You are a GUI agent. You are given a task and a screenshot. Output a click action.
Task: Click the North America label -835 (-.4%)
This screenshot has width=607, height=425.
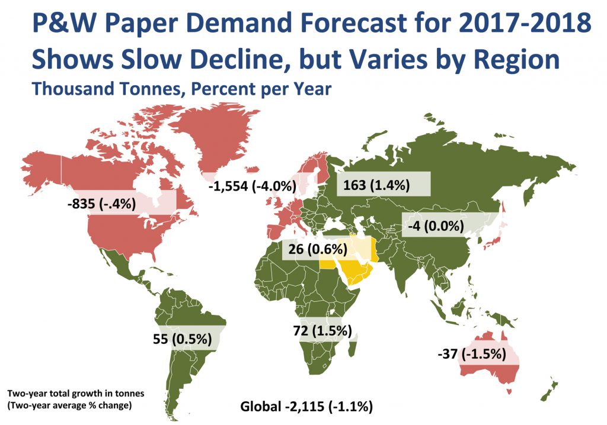(103, 204)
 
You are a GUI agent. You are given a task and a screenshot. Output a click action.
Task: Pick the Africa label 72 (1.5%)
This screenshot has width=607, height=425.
(323, 330)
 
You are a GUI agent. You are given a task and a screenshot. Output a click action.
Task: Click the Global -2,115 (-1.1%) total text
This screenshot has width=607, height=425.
(306, 407)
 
